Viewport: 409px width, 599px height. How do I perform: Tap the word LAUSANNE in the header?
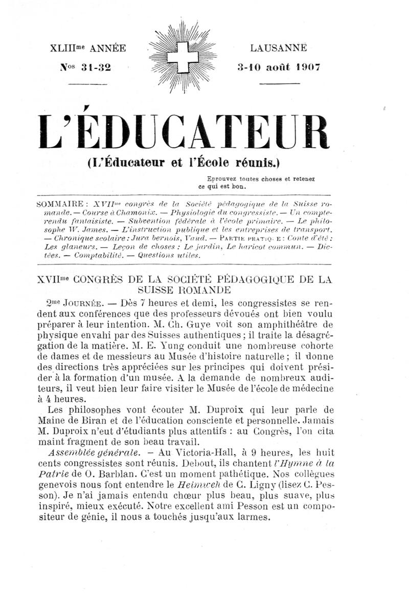tap(279, 49)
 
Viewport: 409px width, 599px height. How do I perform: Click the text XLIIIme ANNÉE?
tap(87, 49)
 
